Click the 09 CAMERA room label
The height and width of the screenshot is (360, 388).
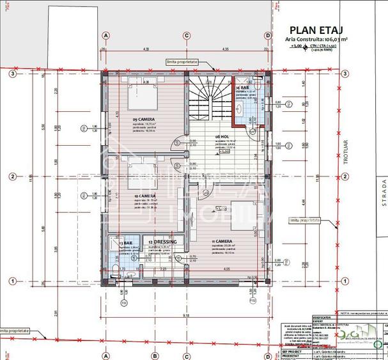click(x=144, y=120)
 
